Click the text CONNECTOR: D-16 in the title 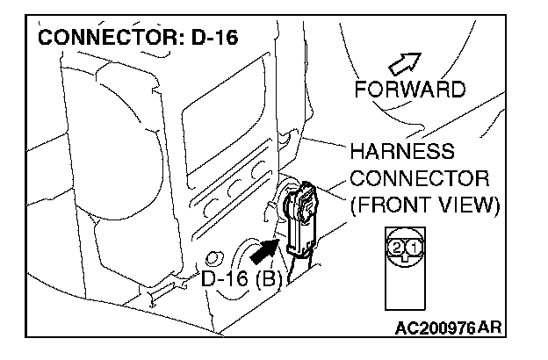click(139, 40)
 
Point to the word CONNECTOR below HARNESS click(420, 178)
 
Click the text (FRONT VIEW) click(425, 205)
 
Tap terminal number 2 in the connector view click(398, 248)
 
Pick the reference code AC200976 click(435, 328)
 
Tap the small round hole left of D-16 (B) click(211, 260)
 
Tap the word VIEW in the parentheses click(466, 205)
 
